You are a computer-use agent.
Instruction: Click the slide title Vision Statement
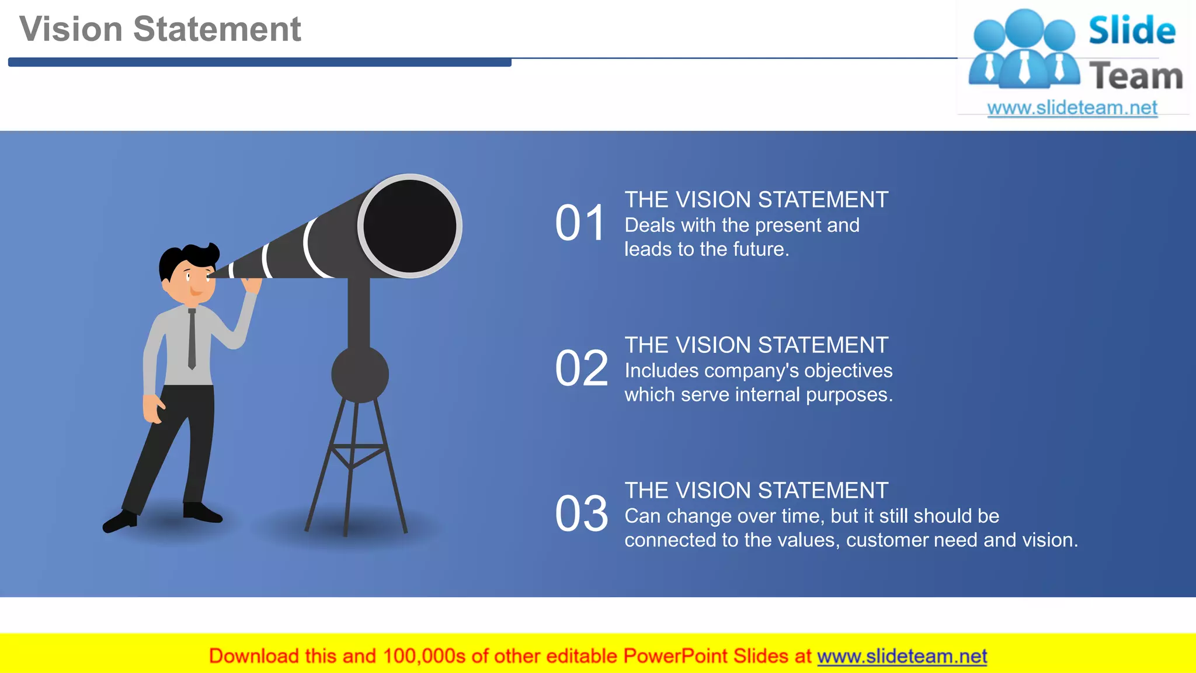click(160, 29)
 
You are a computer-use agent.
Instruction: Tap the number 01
click(580, 223)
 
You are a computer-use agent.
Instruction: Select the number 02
click(581, 369)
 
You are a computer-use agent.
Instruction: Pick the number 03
click(581, 514)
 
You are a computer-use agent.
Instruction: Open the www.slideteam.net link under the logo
click(1072, 108)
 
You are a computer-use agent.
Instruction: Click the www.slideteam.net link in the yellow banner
click(902, 657)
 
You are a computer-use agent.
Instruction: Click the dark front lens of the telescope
click(410, 226)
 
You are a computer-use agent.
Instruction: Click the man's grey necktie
click(192, 339)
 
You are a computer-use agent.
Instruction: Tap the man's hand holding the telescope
click(252, 285)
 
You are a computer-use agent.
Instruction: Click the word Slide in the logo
click(1131, 30)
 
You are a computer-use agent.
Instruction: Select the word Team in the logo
click(1135, 77)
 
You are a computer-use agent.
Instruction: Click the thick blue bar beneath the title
click(260, 62)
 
